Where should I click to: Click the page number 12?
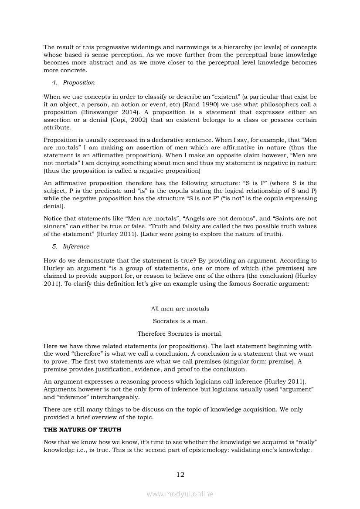point(180,474)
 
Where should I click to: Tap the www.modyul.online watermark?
point(180,494)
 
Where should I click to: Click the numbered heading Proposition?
point(78,82)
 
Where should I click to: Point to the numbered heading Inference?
point(76,246)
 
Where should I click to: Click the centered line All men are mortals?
point(180,309)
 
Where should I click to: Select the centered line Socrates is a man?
point(180,321)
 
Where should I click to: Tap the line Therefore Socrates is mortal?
point(180,334)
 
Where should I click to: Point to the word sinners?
point(55,226)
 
